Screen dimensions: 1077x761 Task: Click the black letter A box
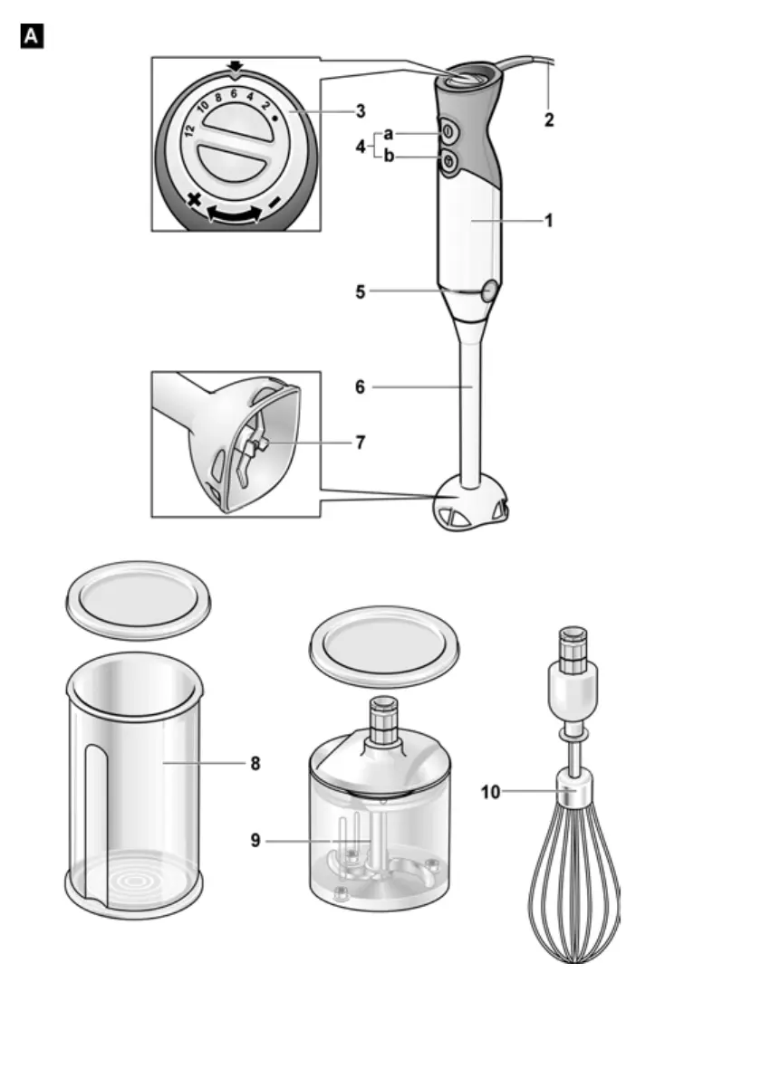click(32, 37)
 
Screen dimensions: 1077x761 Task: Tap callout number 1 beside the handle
click(549, 220)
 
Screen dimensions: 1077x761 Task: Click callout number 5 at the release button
click(360, 292)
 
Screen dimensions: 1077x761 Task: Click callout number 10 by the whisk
click(490, 792)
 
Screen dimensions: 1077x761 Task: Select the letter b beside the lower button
click(389, 157)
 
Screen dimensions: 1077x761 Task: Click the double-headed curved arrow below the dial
click(235, 214)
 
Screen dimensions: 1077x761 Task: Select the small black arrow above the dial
click(236, 67)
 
